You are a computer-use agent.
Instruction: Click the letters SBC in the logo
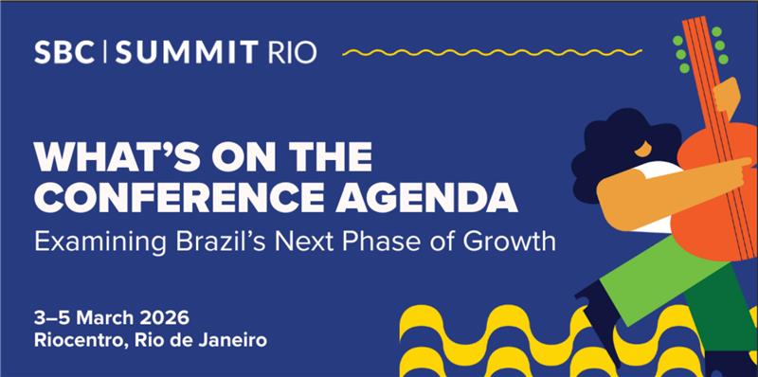pyautogui.click(x=64, y=52)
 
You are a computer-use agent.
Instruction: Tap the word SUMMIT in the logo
pyautogui.click(x=186, y=52)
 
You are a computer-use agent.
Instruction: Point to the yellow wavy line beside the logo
pyautogui.click(x=492, y=52)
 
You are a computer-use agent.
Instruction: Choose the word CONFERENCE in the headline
pyautogui.click(x=179, y=196)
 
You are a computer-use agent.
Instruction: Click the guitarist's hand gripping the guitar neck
pyautogui.click(x=726, y=96)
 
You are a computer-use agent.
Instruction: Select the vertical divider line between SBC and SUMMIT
pyautogui.click(x=105, y=52)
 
